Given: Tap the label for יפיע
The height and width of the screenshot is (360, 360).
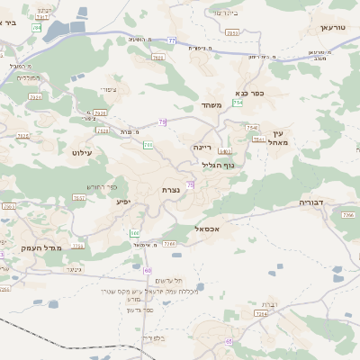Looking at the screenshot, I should coord(123,202).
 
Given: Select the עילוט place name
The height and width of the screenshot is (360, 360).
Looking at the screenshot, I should coord(82,154).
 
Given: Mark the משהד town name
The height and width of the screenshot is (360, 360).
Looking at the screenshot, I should coord(211,104).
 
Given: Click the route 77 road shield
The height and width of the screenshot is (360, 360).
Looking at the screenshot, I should coord(171,41).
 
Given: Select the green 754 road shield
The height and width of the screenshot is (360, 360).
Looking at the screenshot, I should coord(238,103).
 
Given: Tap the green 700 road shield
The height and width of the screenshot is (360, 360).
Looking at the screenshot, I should coord(147,144).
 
